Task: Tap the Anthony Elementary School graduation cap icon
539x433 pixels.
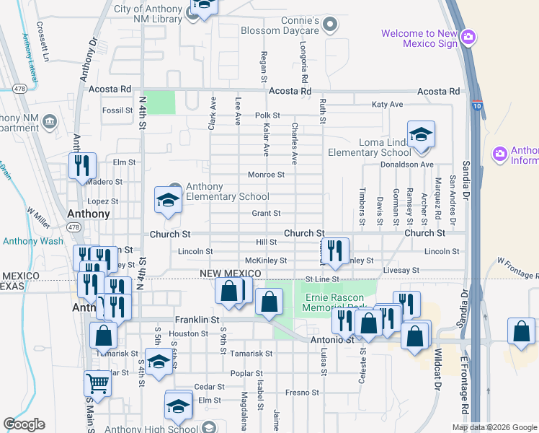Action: tap(169, 200)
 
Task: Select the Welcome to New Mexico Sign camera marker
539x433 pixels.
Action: tap(468, 37)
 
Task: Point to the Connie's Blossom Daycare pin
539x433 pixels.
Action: tap(330, 25)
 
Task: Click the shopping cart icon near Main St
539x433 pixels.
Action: tap(97, 383)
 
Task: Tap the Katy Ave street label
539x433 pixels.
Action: tap(387, 105)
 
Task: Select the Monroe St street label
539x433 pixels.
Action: tap(266, 174)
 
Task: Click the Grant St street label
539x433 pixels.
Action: tap(266, 213)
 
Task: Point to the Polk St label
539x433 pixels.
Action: tap(267, 115)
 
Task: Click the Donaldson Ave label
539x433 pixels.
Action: tap(407, 165)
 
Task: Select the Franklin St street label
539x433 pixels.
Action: tap(197, 318)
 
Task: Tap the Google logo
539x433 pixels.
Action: tap(24, 424)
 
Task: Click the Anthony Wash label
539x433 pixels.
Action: tap(32, 241)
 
